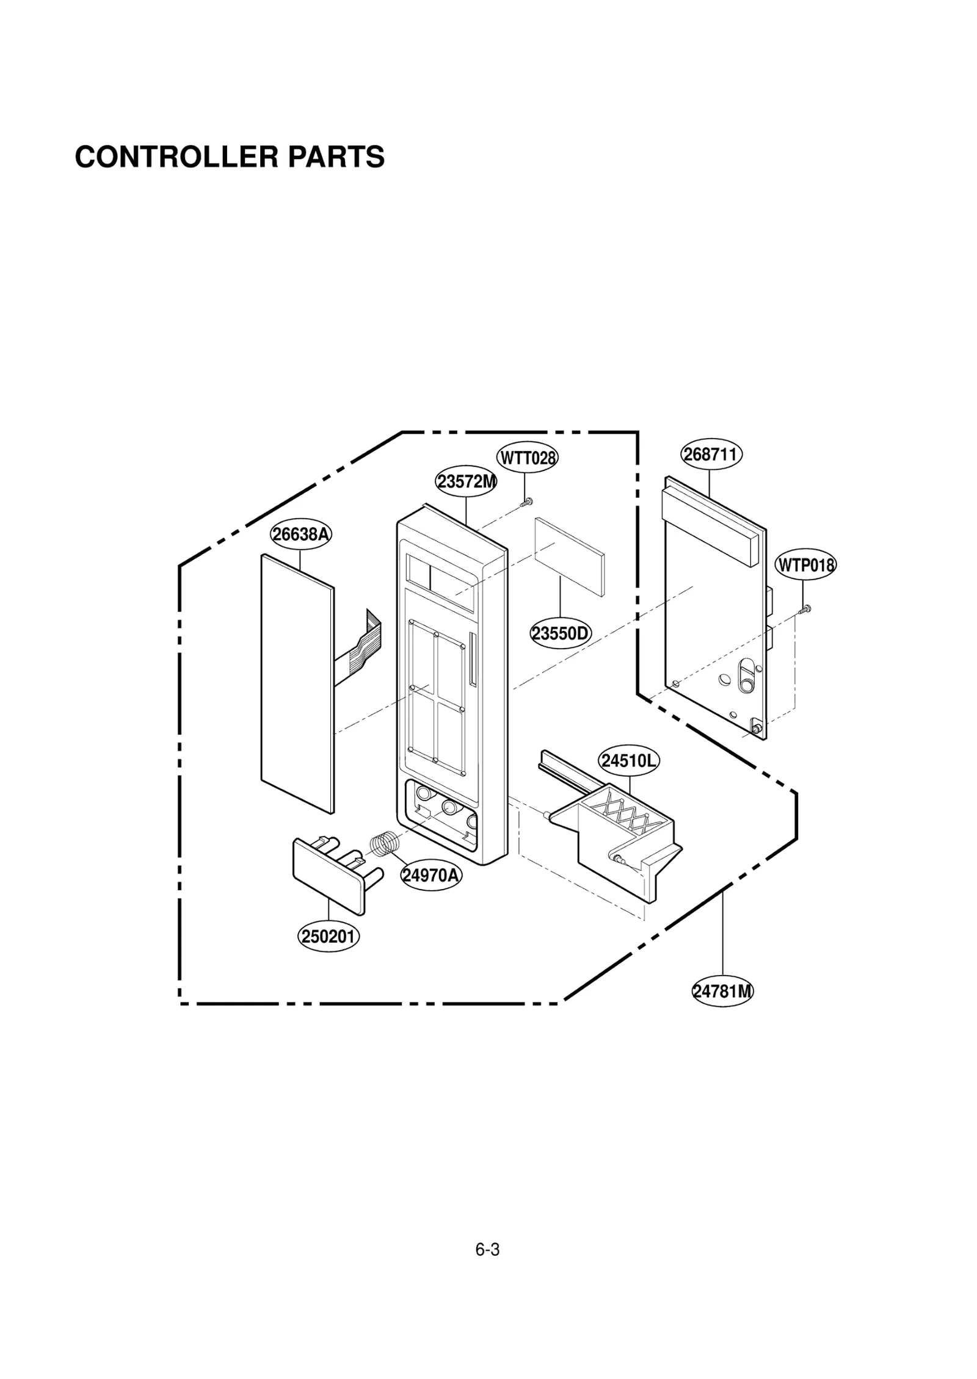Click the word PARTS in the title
336,157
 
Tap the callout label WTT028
528,458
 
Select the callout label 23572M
466,482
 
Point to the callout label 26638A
301,535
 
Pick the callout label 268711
711,455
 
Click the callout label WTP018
805,565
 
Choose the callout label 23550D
561,633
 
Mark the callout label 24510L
629,761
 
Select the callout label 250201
329,936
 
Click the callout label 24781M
722,991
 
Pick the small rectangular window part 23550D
569,555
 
